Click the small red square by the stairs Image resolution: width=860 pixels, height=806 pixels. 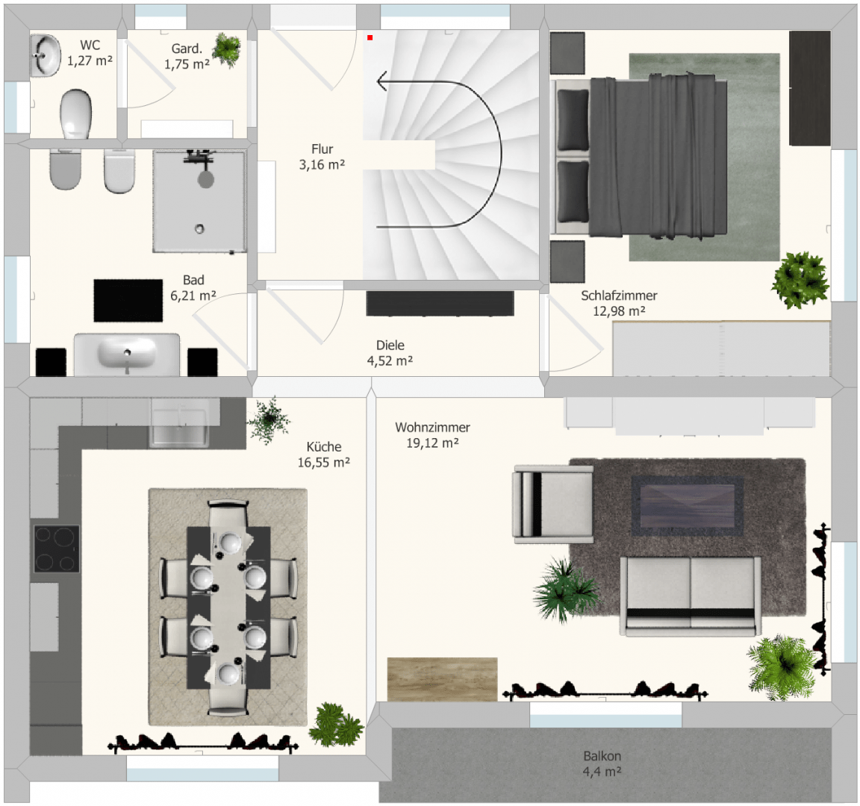coord(370,37)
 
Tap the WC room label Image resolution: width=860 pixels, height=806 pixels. coord(90,45)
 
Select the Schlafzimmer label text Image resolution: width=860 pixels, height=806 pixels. coord(619,296)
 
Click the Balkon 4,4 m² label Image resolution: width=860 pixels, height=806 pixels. coord(602,763)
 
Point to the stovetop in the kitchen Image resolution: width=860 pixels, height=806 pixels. coord(57,549)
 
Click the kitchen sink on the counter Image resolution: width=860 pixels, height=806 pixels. coord(179,422)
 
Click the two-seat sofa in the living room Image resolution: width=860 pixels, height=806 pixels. coord(690,596)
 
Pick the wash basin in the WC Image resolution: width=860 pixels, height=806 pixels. coord(46,55)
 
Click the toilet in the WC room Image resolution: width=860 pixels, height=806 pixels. coord(75,114)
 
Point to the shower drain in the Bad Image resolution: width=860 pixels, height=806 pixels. coord(199,228)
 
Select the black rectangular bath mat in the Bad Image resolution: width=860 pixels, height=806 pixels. coord(128,301)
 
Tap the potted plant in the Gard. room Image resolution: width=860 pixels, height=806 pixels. coord(226,49)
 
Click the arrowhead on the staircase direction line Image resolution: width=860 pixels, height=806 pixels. coord(381,81)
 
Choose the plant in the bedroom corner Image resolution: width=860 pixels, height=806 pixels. coord(800,280)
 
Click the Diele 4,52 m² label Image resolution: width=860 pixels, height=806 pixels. coord(390,352)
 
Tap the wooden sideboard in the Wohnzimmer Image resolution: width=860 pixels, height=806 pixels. coord(442,679)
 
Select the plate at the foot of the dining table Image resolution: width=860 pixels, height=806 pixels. coord(228,675)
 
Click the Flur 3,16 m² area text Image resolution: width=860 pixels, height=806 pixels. coord(322,157)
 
